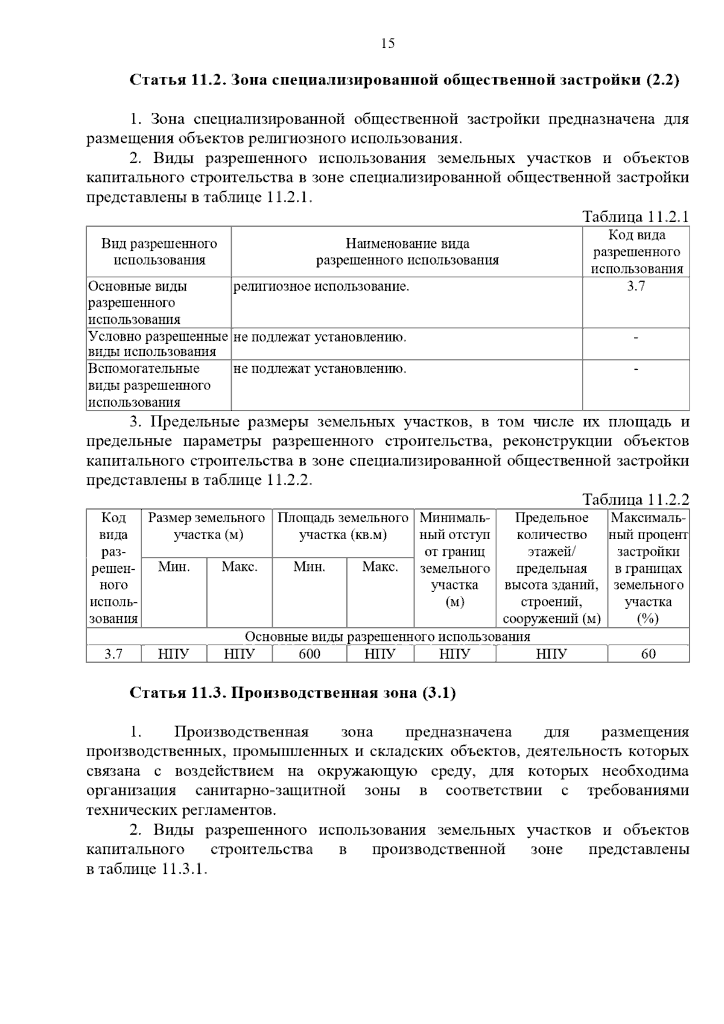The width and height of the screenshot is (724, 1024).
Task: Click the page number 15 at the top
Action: tap(387, 43)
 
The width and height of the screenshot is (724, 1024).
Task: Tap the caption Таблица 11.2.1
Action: tap(635, 217)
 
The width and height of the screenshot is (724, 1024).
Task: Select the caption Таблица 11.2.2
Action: tap(635, 499)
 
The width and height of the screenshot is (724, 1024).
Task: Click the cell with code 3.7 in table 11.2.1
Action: tap(635, 286)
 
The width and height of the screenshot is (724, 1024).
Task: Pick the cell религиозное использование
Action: tap(321, 286)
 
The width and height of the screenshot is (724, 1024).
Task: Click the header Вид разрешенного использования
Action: tap(159, 252)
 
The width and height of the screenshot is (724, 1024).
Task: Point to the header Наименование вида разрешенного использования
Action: tap(407, 252)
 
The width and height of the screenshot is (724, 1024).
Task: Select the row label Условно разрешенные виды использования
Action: tap(158, 344)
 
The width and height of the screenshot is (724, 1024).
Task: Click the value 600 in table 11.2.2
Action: tap(310, 654)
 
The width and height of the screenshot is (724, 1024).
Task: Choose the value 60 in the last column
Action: tap(648, 654)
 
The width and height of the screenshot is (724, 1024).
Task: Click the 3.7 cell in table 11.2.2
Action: tap(113, 654)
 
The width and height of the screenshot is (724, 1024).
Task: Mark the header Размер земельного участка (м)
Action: tap(207, 526)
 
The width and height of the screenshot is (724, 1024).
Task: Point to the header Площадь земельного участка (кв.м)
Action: tap(343, 526)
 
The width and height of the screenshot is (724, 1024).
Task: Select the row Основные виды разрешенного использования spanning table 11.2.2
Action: tap(387, 637)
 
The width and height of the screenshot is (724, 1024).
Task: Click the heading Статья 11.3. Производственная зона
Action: tap(293, 693)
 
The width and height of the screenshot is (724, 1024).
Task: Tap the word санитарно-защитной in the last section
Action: tap(270, 791)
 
